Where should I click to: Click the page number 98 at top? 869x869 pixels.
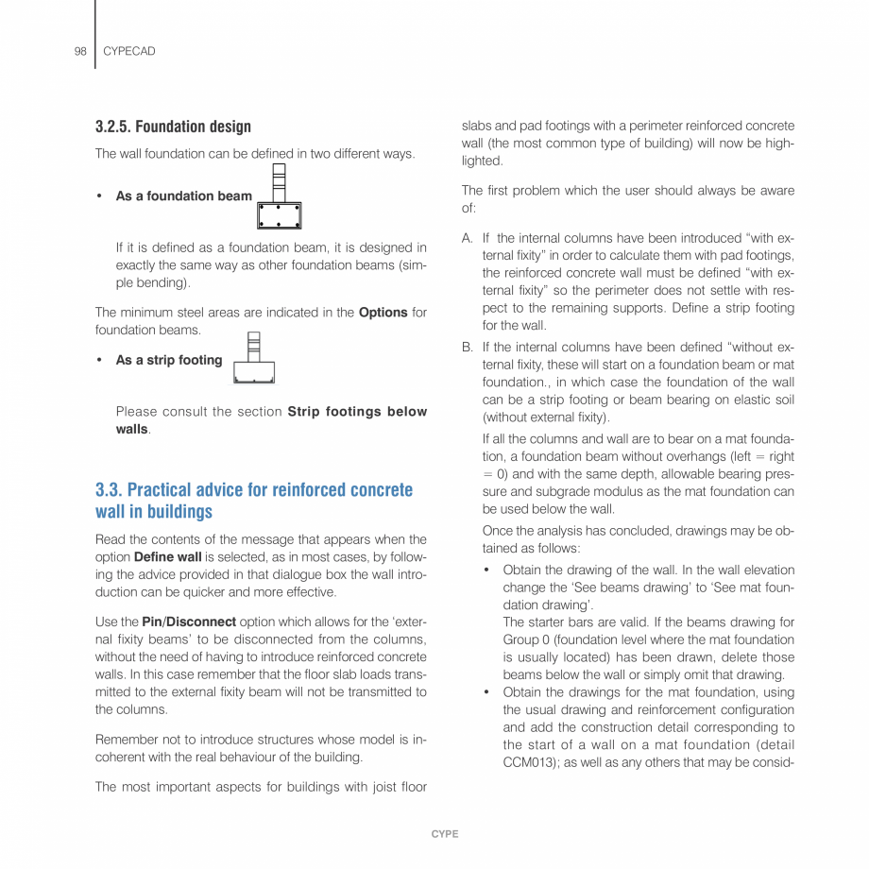click(x=80, y=51)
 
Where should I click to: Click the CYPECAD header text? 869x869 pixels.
click(x=128, y=51)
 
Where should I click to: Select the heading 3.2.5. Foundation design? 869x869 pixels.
click(x=173, y=127)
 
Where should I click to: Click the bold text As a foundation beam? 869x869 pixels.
click(x=184, y=196)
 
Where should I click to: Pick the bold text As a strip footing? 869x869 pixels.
click(x=169, y=360)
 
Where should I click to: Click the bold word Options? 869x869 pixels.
click(x=383, y=313)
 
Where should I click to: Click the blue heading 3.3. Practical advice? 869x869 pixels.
click(x=253, y=490)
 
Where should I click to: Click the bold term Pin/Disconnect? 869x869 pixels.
click(x=189, y=622)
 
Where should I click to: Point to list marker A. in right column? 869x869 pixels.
click(x=468, y=238)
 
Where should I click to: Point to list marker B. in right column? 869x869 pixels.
click(x=468, y=348)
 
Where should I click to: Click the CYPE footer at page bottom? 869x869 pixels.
click(x=444, y=834)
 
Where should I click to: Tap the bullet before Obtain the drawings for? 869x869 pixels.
click(x=486, y=692)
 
